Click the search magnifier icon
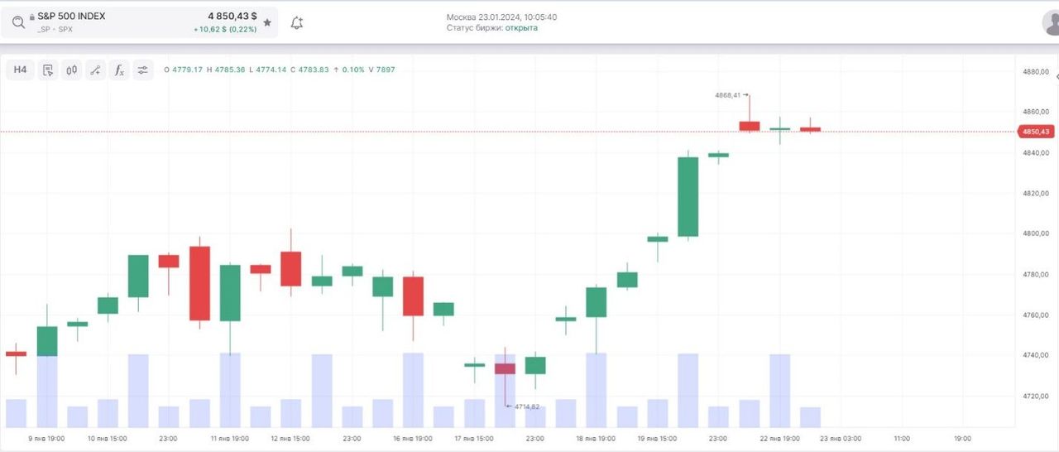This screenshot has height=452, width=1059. pyautogui.click(x=18, y=22)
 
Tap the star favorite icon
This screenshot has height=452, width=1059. pyautogui.click(x=267, y=23)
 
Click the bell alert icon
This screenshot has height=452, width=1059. pyautogui.click(x=297, y=23)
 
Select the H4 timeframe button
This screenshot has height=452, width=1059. pyautogui.click(x=20, y=70)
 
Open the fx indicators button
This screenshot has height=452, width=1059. pyautogui.click(x=119, y=70)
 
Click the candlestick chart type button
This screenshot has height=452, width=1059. pyautogui.click(x=71, y=70)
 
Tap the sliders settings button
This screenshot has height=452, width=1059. pyautogui.click(x=143, y=70)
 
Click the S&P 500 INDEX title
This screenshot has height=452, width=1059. pyautogui.click(x=71, y=16)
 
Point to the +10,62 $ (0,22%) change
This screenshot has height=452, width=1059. pyautogui.click(x=225, y=30)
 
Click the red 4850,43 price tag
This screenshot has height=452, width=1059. pyautogui.click(x=1035, y=132)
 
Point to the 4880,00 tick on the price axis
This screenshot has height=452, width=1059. pyautogui.click(x=1036, y=72)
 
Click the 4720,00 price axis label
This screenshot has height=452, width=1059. pyautogui.click(x=1036, y=397)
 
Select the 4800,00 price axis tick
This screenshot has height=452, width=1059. pyautogui.click(x=1036, y=234)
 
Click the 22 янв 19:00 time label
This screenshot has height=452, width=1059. pyautogui.click(x=780, y=438)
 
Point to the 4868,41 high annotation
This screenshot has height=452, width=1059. pyautogui.click(x=729, y=95)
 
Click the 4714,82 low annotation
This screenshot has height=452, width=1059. pyautogui.click(x=526, y=406)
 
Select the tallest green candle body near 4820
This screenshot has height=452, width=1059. pyautogui.click(x=688, y=196)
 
